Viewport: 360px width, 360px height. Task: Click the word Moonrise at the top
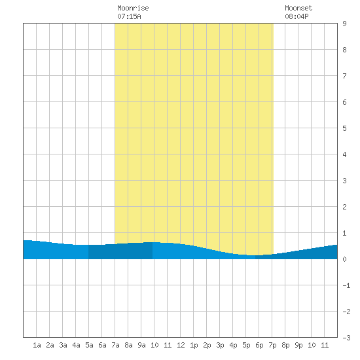(x=133, y=8)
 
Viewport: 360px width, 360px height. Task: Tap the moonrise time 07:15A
(x=129, y=16)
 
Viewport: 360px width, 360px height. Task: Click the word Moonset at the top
(x=298, y=8)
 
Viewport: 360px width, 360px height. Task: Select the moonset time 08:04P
(x=297, y=16)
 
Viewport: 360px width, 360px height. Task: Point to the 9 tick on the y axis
(x=344, y=24)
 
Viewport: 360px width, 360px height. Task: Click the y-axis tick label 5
(x=344, y=128)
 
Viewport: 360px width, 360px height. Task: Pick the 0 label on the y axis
(x=344, y=259)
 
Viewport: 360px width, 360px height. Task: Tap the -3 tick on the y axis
(x=346, y=338)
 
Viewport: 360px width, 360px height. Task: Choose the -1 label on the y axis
(x=346, y=285)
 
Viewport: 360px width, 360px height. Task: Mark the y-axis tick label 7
(x=344, y=76)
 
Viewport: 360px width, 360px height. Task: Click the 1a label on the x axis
(x=37, y=345)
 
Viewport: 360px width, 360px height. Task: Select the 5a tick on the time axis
(x=89, y=345)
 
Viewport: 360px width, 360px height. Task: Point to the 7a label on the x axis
(x=115, y=345)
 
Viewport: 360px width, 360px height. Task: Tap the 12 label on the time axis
(x=181, y=345)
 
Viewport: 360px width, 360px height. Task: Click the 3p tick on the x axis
(x=220, y=345)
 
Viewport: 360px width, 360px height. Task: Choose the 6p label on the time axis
(x=259, y=345)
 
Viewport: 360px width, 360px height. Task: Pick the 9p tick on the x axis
(x=298, y=345)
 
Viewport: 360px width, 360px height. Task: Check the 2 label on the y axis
(x=344, y=207)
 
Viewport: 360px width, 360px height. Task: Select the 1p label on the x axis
(x=194, y=345)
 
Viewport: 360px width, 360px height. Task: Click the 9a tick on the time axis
(x=141, y=345)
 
